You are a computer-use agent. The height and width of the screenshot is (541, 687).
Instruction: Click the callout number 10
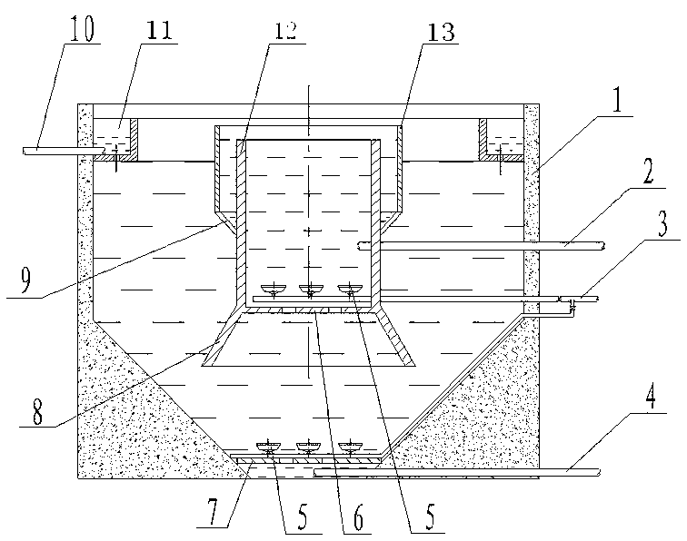pos(81,28)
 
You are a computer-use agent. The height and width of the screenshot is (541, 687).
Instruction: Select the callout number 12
pos(284,30)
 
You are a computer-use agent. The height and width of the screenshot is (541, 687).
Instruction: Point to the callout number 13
pos(441,32)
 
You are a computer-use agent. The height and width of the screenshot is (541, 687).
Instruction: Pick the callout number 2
pos(648,171)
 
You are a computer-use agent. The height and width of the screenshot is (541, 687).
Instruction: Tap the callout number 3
pos(662,222)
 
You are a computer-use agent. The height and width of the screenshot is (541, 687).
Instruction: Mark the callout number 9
pos(25,280)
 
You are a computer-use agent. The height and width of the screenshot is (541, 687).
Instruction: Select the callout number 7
pos(213,513)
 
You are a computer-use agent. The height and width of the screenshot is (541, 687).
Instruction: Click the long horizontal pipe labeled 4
pos(456,472)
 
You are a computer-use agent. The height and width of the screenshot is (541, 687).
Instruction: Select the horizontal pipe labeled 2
pos(481,246)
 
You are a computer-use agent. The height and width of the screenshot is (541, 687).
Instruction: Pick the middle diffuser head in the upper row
pos(311,289)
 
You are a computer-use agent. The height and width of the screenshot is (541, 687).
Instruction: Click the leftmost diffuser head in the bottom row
pos(269,448)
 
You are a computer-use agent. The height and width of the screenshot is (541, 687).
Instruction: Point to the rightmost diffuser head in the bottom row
pos(351,448)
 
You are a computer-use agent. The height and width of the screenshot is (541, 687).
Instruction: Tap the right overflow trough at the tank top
pos(502,140)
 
